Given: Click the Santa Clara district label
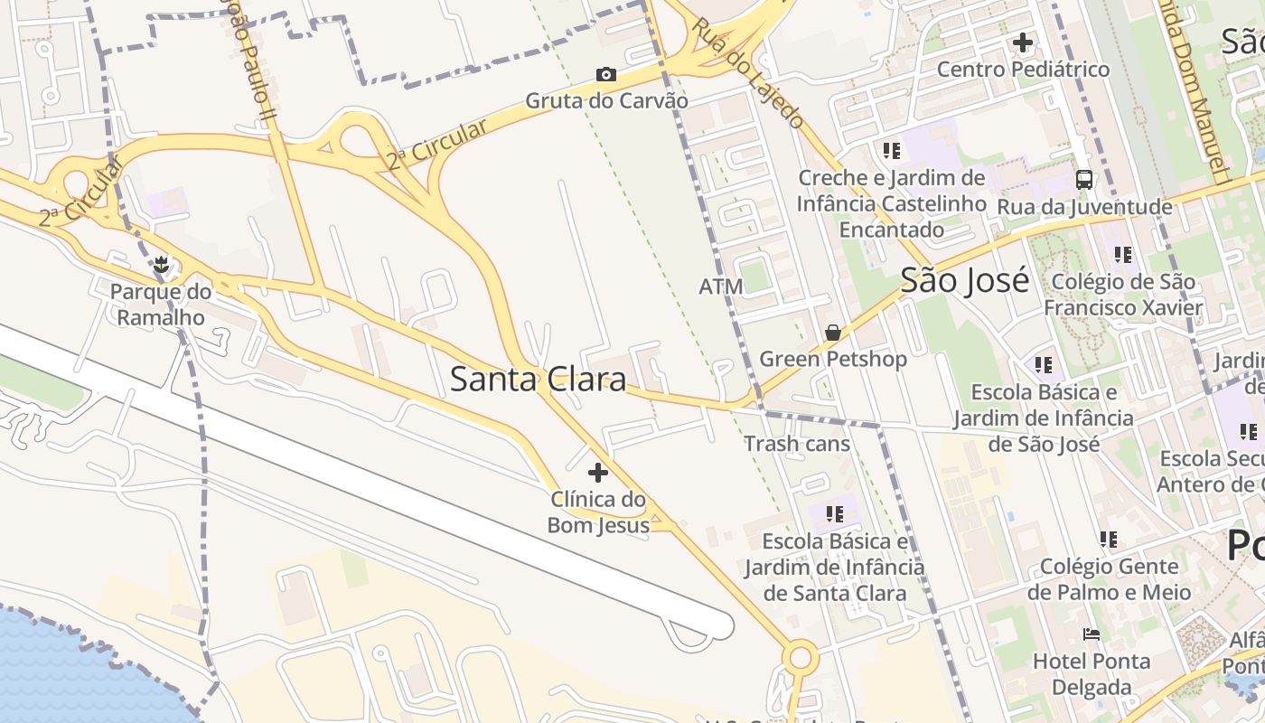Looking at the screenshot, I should pos(538,380).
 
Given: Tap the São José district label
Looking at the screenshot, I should pos(964,281).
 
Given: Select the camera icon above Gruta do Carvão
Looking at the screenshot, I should pos(606,74).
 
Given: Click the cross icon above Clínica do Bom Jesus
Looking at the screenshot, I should pos(597,472).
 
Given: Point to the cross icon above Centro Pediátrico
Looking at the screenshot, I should pos(1023,42).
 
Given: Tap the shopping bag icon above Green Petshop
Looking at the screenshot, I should pos(832,333).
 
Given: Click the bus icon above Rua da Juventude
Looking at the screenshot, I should pos(1084,179).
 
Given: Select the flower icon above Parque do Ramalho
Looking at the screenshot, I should pos(161,265).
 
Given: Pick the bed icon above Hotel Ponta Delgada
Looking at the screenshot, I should pos(1092,634).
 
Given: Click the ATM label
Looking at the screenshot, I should pos(721,286).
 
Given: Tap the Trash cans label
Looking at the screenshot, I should pos(797,444).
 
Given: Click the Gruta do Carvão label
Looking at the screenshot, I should pos(606,100).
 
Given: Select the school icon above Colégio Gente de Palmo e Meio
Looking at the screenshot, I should pos(1109,540).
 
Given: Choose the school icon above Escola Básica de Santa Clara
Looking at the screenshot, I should pos(835,514).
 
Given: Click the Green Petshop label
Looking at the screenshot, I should pos(832,359).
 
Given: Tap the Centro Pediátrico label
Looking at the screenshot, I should pos(1023,70).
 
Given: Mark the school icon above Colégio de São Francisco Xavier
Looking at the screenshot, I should pos(1123,255).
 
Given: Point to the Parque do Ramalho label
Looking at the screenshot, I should pos(161,305).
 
